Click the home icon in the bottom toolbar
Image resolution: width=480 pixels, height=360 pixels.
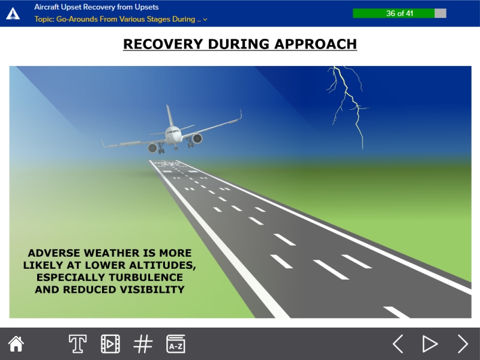tap(16, 344)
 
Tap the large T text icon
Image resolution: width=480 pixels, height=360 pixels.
tap(77, 344)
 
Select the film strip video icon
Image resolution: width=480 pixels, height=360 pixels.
tap(110, 344)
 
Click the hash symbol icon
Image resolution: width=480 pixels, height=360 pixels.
tap(143, 344)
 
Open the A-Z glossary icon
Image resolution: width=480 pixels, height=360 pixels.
tap(176, 344)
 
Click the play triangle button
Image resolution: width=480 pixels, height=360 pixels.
tap(430, 344)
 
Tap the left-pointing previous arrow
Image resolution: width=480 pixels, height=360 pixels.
tap(398, 344)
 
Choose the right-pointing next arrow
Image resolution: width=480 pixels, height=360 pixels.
tap(463, 344)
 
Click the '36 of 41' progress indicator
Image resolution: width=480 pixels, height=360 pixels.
tap(400, 13)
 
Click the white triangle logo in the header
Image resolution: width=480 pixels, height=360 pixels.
tap(13, 14)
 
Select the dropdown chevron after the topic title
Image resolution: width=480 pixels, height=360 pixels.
tap(205, 20)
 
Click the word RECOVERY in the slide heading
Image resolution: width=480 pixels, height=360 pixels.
tap(163, 44)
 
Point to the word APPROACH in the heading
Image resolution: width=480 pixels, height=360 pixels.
tap(316, 44)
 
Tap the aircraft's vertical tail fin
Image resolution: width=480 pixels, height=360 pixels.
tap(170, 116)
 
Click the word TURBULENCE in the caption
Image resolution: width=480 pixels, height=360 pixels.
tap(146, 277)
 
